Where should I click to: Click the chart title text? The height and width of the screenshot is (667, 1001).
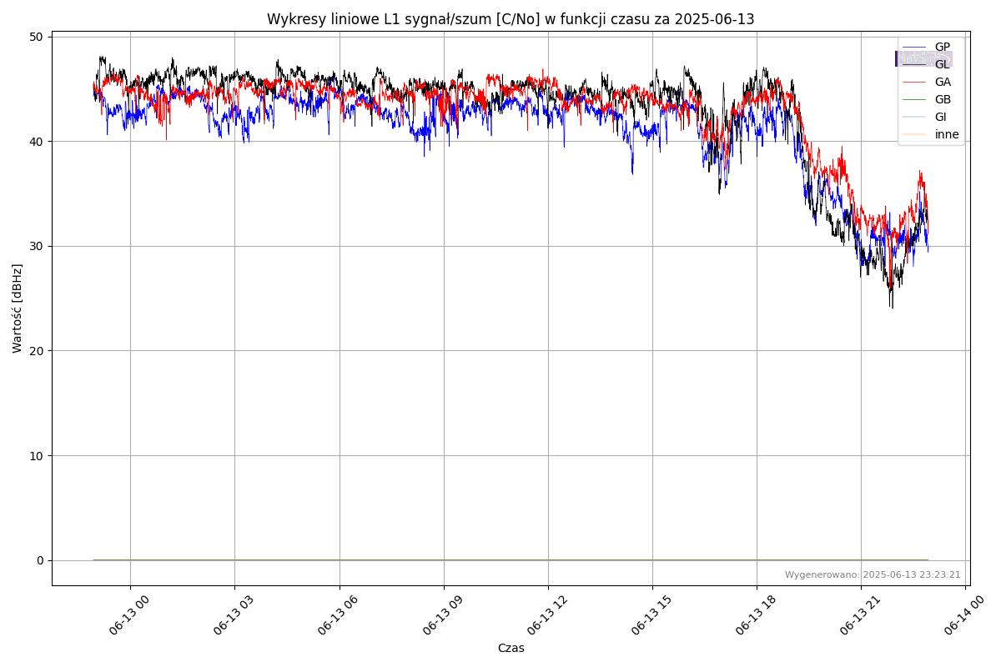point(511,19)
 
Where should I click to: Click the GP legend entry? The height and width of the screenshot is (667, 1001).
point(942,48)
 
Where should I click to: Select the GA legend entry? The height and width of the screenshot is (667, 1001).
point(943,83)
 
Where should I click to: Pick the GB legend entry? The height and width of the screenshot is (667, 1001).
point(943,100)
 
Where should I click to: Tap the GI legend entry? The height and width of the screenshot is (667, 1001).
point(941,118)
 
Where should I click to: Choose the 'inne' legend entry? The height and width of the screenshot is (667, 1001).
point(947,135)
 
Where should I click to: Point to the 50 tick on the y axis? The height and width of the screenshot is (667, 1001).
point(37,37)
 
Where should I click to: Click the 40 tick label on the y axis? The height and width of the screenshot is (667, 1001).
point(37,141)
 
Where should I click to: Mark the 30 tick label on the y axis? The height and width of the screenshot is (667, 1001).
point(37,246)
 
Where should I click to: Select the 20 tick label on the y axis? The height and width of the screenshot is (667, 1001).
point(37,351)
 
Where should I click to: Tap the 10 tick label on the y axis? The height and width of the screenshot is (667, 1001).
point(37,455)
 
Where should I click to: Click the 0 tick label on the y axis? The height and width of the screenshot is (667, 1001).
point(40,560)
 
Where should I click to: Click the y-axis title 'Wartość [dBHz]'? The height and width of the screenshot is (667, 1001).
point(18,308)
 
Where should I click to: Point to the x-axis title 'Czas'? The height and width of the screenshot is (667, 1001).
point(511,648)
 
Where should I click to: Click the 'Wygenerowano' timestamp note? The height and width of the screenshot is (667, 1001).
point(873,575)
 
